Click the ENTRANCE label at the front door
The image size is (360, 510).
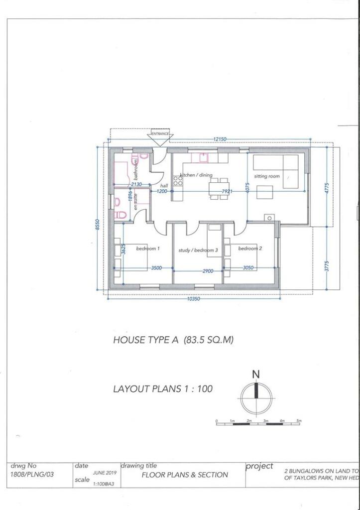(x=160, y=133)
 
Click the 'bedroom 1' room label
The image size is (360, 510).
(x=148, y=248)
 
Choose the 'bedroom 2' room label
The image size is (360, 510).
(x=250, y=248)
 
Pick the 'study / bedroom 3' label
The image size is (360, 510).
(x=198, y=250)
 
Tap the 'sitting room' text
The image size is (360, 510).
(x=267, y=176)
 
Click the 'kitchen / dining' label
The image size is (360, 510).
(x=196, y=175)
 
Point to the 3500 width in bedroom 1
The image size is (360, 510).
(x=156, y=268)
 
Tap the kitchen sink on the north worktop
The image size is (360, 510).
(x=203, y=158)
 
